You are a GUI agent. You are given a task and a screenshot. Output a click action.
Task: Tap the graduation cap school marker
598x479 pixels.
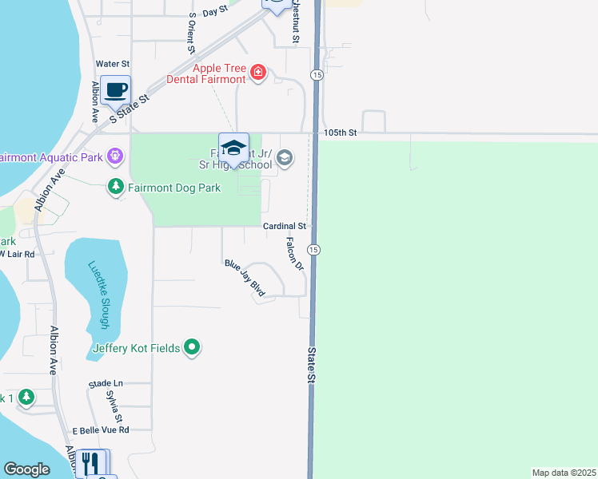coord(233,148)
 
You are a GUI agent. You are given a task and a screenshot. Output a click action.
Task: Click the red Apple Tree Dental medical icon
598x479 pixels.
coord(257,74)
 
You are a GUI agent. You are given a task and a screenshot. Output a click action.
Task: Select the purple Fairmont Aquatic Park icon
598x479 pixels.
coord(116,156)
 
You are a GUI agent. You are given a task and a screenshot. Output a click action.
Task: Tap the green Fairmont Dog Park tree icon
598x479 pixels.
coord(116,187)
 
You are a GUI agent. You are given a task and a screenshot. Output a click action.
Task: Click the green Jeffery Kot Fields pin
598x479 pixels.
coord(192,347)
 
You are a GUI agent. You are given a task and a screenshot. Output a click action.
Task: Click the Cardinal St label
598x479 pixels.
coord(285,227)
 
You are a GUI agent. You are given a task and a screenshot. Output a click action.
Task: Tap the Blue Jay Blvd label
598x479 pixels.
coord(245,278)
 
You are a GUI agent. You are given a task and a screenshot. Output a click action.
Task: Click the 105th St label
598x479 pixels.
coord(341,132)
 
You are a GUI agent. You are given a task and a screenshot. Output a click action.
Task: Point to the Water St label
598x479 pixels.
coord(112,63)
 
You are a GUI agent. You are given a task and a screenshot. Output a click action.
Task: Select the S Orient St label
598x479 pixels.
coord(192,32)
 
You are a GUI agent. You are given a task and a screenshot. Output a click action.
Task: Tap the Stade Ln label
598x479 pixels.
coord(106,384)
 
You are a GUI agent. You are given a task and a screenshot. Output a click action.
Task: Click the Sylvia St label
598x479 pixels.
coord(114,406)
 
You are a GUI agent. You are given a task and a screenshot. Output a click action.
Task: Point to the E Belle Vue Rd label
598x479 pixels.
coord(100,430)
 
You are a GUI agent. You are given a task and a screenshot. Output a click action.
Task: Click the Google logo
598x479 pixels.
coord(27,469)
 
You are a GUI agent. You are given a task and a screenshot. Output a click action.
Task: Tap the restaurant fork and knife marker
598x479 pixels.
coord(93,461)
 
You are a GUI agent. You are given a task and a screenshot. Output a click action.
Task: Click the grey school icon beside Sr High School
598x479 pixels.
coord(285,158)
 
